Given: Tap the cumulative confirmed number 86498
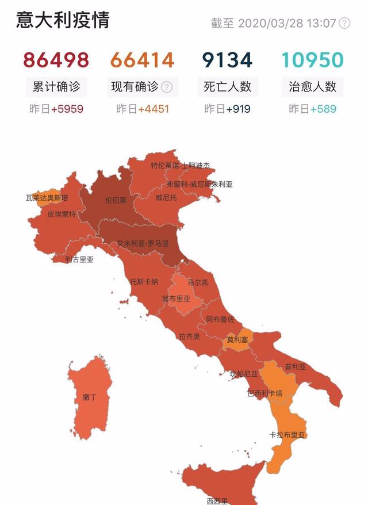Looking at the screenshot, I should [56, 60].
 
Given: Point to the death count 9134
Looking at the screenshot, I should [227, 60].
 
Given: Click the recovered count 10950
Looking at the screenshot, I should [312, 60].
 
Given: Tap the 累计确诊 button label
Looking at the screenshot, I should [56, 87].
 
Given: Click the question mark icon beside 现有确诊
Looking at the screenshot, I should [167, 87].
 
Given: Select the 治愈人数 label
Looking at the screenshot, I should [312, 87].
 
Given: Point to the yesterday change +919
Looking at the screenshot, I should [238, 108].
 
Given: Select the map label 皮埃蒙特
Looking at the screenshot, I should [62, 214].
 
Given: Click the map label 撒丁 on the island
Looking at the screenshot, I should [89, 397].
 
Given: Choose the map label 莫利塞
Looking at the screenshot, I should [237, 340].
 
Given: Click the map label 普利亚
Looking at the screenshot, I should [295, 366].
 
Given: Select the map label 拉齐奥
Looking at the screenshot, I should [189, 336].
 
